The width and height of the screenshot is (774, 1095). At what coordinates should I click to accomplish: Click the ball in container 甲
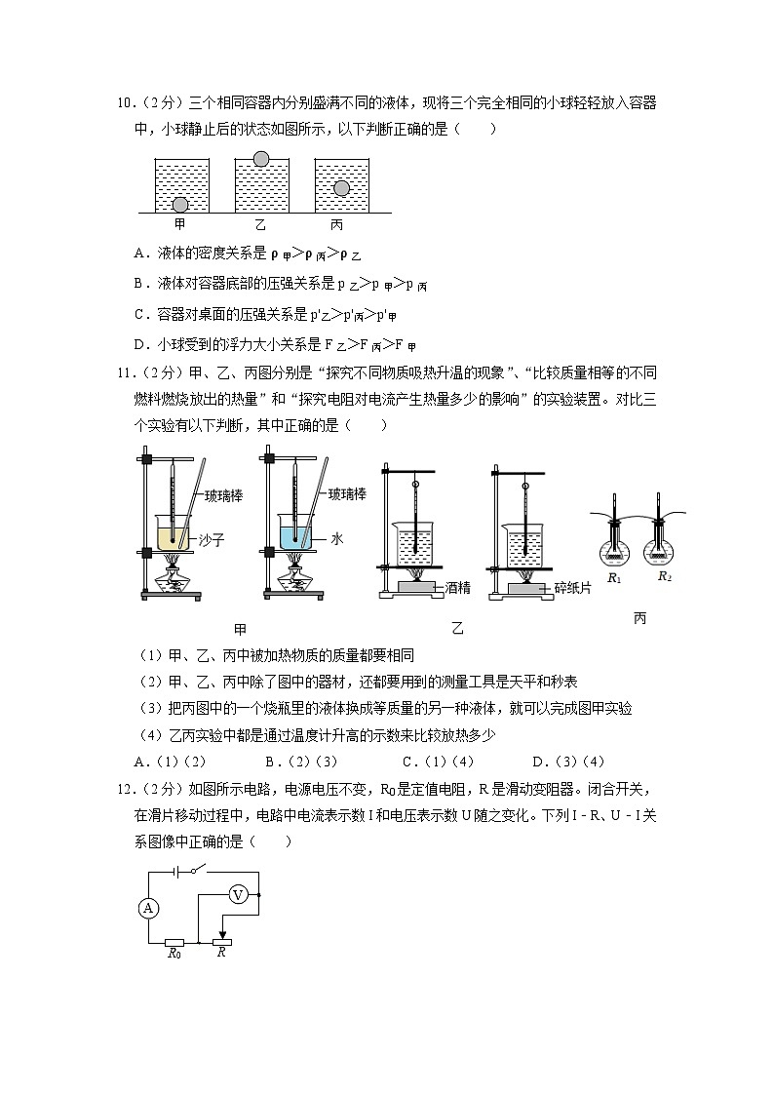pos(180,204)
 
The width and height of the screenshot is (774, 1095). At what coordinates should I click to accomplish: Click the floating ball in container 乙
pos(260,159)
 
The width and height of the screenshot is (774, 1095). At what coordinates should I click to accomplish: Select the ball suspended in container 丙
pos(341,188)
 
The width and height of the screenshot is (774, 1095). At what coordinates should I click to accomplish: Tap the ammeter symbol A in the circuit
pos(148,908)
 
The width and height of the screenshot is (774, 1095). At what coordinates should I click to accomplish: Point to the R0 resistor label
pos(174,955)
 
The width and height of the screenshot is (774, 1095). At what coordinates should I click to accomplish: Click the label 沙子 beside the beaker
pos(211,539)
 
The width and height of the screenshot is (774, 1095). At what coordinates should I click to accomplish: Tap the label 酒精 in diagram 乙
pos(459,588)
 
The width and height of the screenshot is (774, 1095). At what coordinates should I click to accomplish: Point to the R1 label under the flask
pos(613,577)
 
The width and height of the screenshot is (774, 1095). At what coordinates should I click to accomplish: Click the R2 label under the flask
pos(665,575)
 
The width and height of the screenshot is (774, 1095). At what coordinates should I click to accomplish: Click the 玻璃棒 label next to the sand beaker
pos(223,495)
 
